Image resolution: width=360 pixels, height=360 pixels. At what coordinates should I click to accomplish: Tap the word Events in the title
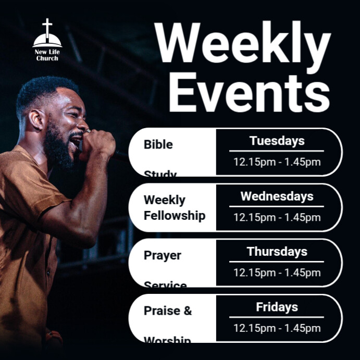click(x=249, y=92)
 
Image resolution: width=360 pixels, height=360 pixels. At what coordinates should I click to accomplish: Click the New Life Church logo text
click(x=47, y=55)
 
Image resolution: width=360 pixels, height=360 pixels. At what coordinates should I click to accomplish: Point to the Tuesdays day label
click(x=277, y=141)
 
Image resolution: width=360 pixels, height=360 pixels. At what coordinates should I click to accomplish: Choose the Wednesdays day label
click(x=277, y=196)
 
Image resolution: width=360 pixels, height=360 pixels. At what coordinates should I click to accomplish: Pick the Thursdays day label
click(x=277, y=252)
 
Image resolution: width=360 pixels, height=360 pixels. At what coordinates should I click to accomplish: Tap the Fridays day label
click(x=277, y=307)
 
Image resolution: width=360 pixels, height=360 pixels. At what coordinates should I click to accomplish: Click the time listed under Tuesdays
click(x=277, y=162)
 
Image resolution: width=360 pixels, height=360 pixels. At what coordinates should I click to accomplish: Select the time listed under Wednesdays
click(x=277, y=217)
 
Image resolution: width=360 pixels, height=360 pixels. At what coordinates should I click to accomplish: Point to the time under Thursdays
click(x=277, y=272)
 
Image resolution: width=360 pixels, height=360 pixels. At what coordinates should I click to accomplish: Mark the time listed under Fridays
click(x=277, y=328)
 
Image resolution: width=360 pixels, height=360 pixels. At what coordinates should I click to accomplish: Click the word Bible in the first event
click(x=158, y=144)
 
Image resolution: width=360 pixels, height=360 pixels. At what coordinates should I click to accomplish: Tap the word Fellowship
click(x=175, y=215)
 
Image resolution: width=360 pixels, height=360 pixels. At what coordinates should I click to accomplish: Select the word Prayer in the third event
click(x=163, y=256)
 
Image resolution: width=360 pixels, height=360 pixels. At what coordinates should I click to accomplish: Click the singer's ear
click(x=37, y=119)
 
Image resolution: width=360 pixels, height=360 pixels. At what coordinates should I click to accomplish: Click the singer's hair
click(x=42, y=91)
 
